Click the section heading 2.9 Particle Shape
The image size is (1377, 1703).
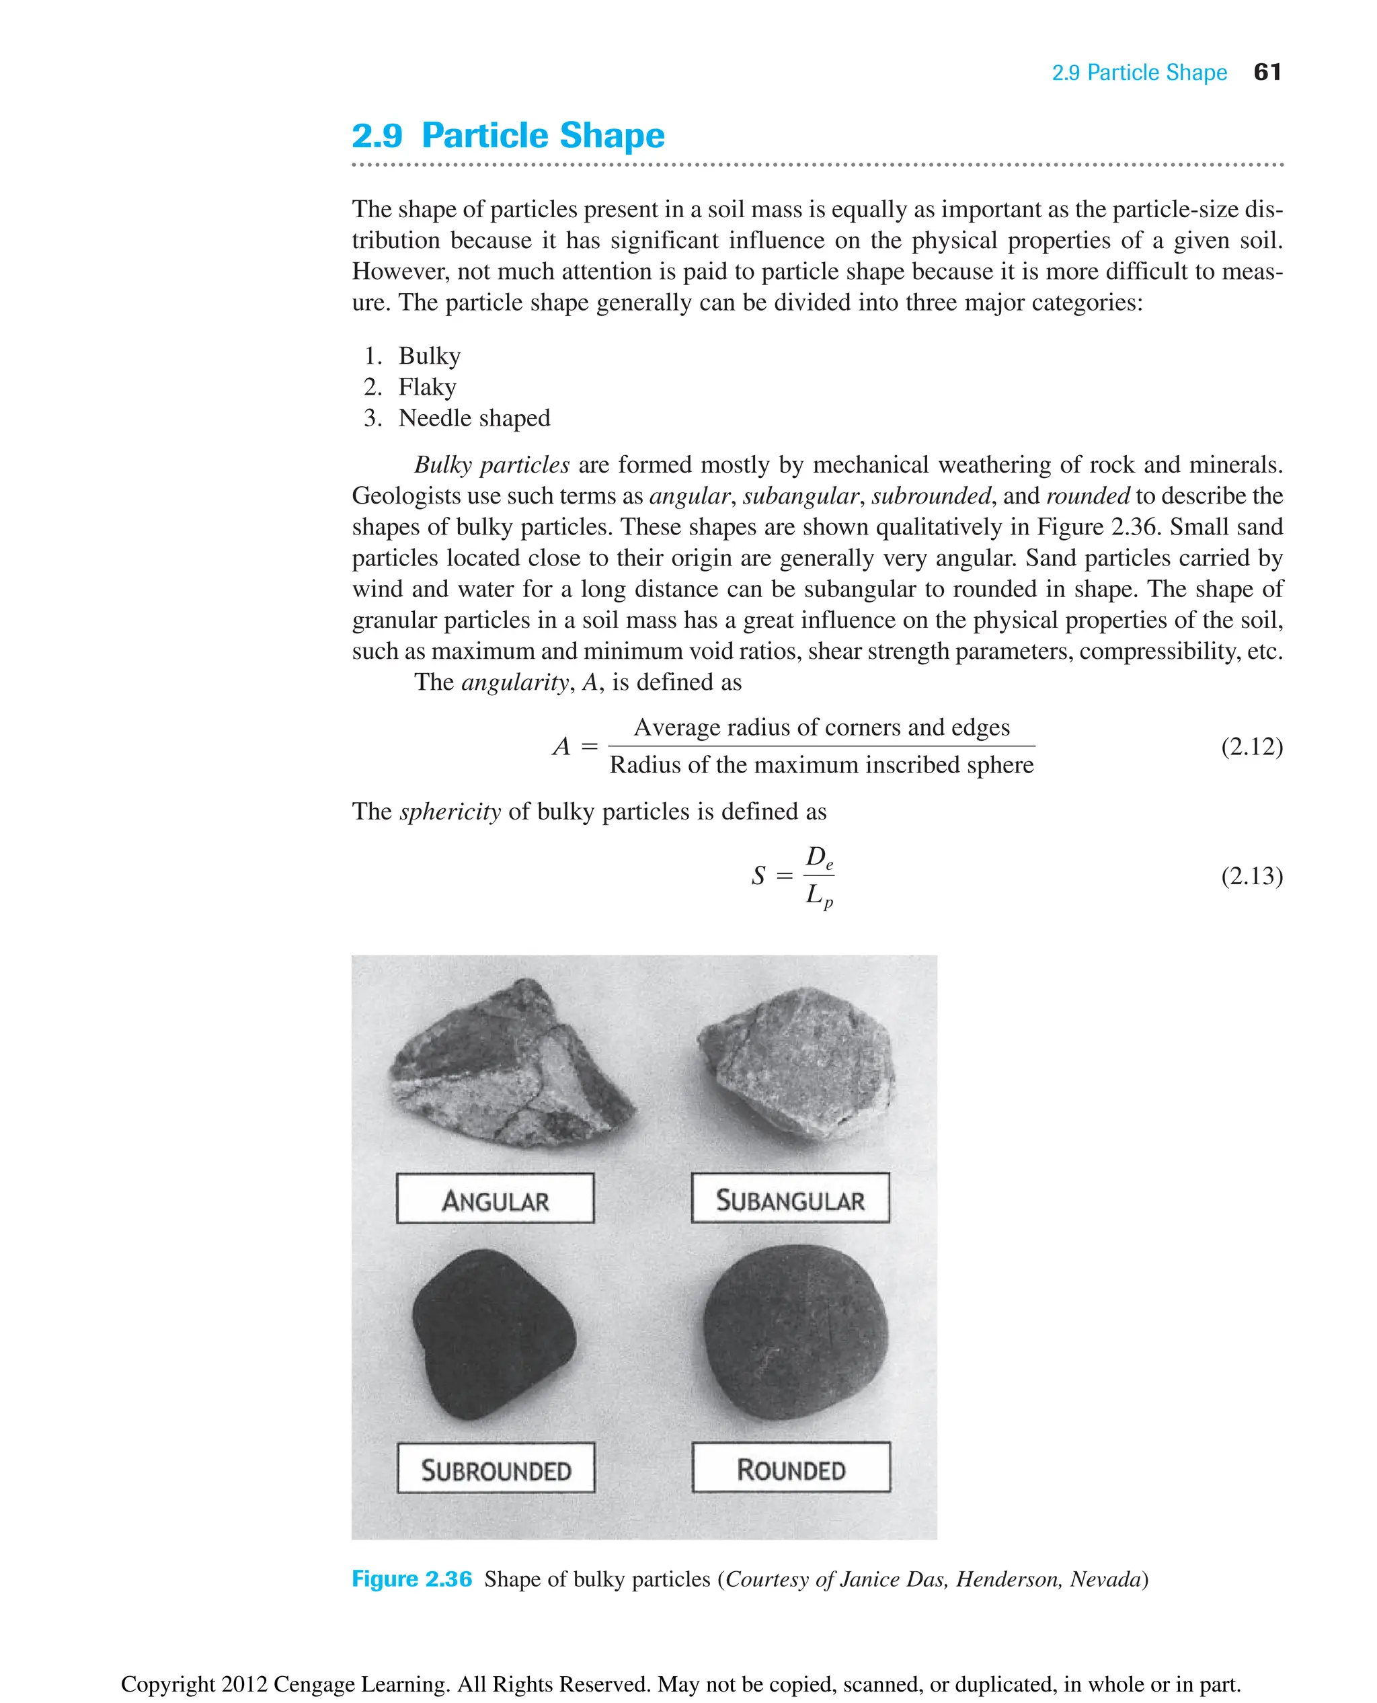[508, 136]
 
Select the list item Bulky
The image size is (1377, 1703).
[429, 356]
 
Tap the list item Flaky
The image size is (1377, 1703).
[427, 387]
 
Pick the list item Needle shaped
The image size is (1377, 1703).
[473, 418]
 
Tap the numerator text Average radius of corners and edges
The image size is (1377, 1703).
[821, 727]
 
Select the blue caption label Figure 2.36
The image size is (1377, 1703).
[411, 1579]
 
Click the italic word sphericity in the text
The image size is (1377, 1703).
[450, 811]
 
